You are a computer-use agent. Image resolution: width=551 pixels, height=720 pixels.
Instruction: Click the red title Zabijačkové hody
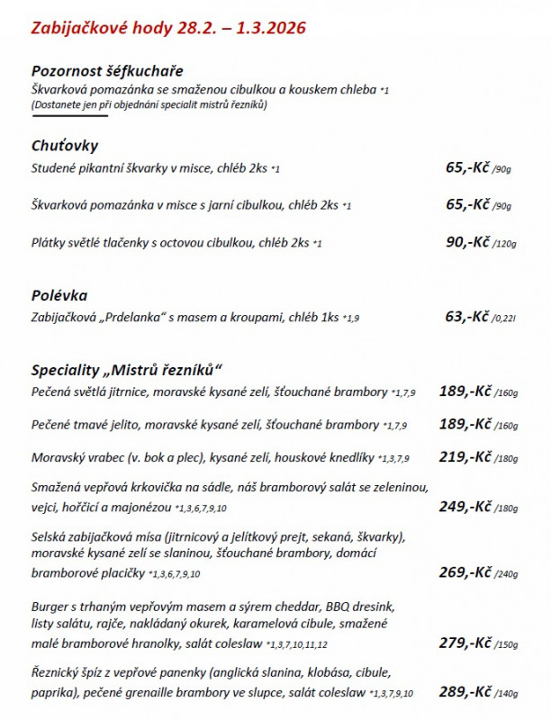(x=168, y=28)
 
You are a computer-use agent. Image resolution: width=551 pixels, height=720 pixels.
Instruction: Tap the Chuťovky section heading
(x=65, y=146)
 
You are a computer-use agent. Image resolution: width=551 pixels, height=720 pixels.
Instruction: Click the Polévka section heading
(x=59, y=295)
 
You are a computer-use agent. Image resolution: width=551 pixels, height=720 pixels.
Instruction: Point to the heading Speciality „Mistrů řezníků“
(x=126, y=370)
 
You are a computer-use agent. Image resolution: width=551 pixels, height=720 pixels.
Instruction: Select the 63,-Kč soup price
(x=467, y=316)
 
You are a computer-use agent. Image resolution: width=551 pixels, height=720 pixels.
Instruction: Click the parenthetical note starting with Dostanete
(x=149, y=104)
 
